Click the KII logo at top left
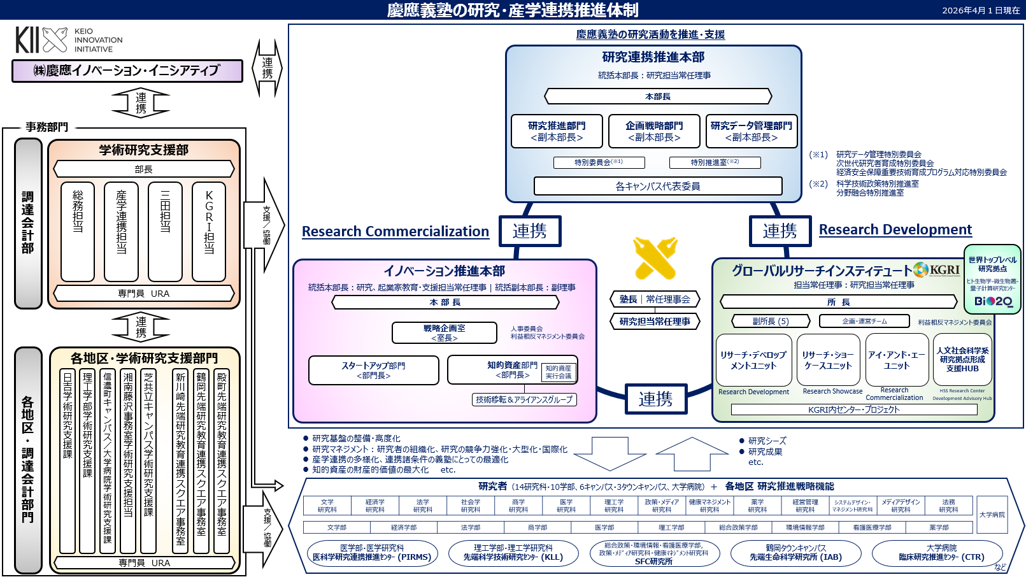[41, 40]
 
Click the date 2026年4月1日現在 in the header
[981, 10]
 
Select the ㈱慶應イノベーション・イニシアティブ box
[127, 71]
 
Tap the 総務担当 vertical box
[78, 231]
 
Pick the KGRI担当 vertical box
[209, 231]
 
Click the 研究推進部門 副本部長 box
[557, 131]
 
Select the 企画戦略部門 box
[654, 131]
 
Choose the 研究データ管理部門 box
[752, 131]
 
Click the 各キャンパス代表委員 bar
[658, 186]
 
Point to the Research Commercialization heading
[395, 232]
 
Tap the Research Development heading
[895, 230]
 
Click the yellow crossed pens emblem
[656, 259]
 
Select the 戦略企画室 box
[445, 332]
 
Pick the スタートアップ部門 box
[374, 370]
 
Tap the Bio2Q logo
[993, 301]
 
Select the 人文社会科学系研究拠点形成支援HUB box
[962, 359]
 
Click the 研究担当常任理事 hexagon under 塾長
[655, 322]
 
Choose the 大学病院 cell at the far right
[992, 515]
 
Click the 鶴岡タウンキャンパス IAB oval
[795, 553]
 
